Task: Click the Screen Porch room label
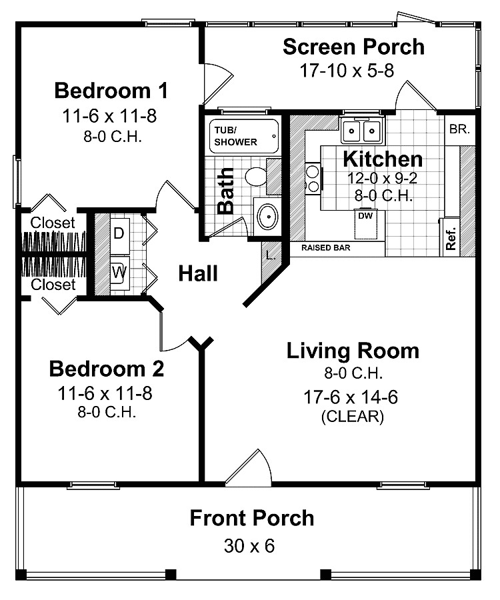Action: point(353,47)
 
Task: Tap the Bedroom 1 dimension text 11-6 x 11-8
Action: point(109,116)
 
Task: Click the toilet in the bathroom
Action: point(256,177)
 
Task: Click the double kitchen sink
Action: point(362,130)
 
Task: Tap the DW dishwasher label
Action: point(365,216)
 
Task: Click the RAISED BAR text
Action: point(326,248)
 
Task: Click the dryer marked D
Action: point(119,233)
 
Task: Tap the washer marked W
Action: point(119,272)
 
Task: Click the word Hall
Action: point(199,273)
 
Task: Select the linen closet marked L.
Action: point(269,255)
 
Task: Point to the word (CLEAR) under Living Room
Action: point(352,417)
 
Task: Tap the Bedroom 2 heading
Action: point(107,369)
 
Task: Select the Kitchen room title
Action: point(382,159)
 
